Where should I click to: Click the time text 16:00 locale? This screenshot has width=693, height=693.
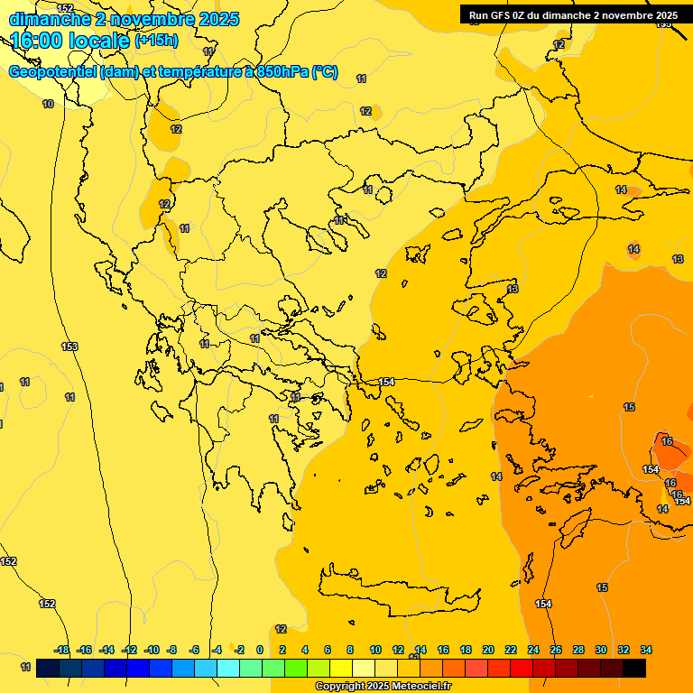coord(70,40)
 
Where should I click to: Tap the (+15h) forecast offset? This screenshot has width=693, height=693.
coord(156,41)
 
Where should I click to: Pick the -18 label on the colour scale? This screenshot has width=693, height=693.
coord(61,650)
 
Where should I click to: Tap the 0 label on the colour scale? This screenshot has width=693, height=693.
coord(260,650)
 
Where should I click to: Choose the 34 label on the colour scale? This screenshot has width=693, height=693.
coord(645,650)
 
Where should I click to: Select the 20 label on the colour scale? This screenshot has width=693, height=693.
coord(488,650)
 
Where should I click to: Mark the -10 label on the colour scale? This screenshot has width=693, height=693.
coord(151,650)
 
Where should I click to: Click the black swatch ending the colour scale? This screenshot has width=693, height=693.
coord(634,668)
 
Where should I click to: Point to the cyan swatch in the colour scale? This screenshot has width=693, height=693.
coord(228,668)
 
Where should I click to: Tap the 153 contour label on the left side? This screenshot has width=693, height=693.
coord(69,346)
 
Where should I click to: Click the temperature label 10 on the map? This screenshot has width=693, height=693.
coord(47,105)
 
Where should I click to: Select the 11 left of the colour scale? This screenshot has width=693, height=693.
coord(25,667)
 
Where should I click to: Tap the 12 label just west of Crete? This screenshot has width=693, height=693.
coord(281,629)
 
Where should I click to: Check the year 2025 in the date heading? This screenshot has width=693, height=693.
coord(219,19)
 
